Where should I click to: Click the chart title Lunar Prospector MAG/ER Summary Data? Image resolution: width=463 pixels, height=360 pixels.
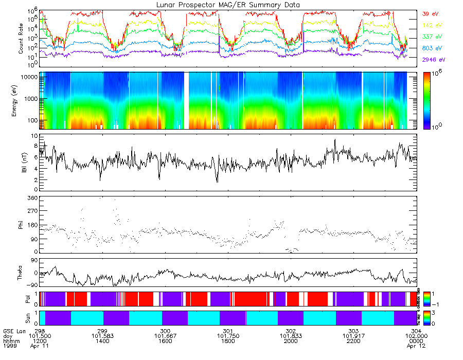[x=228, y=5]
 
